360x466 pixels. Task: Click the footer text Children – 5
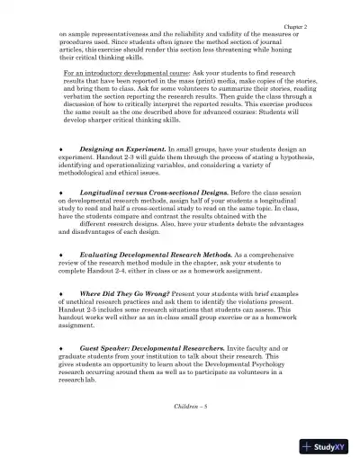[188, 407]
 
